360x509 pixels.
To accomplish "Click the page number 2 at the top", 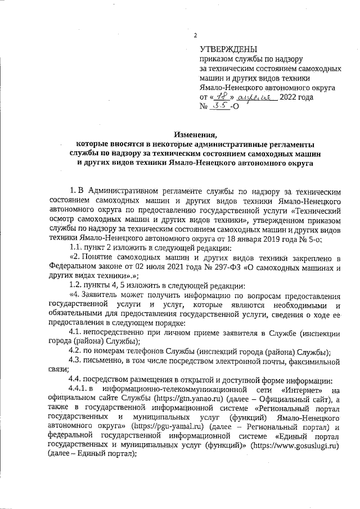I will coord(195,35).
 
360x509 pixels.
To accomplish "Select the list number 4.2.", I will coord(76,352).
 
